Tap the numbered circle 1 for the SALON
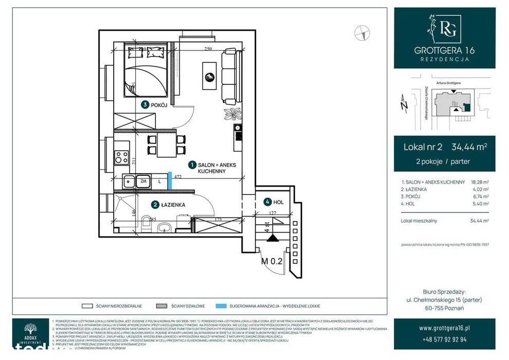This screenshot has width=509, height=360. click(192, 165)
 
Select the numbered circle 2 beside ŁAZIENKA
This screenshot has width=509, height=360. click(155, 205)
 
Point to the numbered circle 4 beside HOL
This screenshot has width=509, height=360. click(267, 202)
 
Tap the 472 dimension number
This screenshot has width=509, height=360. click(178, 176)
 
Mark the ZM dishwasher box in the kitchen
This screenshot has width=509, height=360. click(143, 182)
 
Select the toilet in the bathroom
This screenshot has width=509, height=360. click(144, 225)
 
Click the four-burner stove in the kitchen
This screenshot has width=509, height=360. click(121, 156)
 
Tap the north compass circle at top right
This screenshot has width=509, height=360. click(362, 33)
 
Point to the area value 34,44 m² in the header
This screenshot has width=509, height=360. click(469, 147)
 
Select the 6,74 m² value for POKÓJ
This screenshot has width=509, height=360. click(481, 196)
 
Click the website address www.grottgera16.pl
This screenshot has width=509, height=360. click(444, 328)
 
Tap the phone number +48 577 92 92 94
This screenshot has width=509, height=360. click(444, 339)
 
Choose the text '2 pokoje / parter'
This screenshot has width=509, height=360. click(443, 161)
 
